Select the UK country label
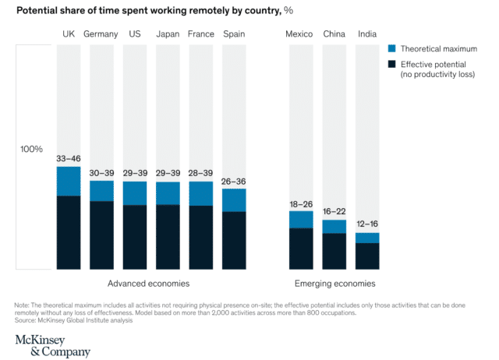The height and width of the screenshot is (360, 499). [x=69, y=34]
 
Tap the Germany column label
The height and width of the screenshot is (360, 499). [x=101, y=34]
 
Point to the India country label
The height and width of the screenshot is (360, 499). [x=367, y=34]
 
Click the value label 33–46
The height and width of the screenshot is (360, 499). [x=69, y=159]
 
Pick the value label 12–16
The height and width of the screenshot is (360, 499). [x=367, y=224]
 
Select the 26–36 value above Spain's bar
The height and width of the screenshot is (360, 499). [x=234, y=181]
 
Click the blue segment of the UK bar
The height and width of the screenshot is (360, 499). [x=69, y=181]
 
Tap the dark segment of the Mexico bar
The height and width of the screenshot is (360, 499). [x=301, y=249]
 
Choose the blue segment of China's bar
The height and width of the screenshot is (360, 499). [x=334, y=226]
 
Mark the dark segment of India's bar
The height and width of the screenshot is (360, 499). [x=367, y=256]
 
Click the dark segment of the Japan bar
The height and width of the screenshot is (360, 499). [x=168, y=237]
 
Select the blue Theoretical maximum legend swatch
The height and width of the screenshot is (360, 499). [x=392, y=49]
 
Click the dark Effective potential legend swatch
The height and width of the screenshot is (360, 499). [x=392, y=64]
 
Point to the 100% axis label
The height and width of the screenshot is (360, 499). [x=32, y=149]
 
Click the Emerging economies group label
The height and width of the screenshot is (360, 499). [x=334, y=284]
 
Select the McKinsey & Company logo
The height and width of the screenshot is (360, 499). [x=52, y=345]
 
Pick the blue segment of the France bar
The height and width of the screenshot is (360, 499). [x=201, y=193]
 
